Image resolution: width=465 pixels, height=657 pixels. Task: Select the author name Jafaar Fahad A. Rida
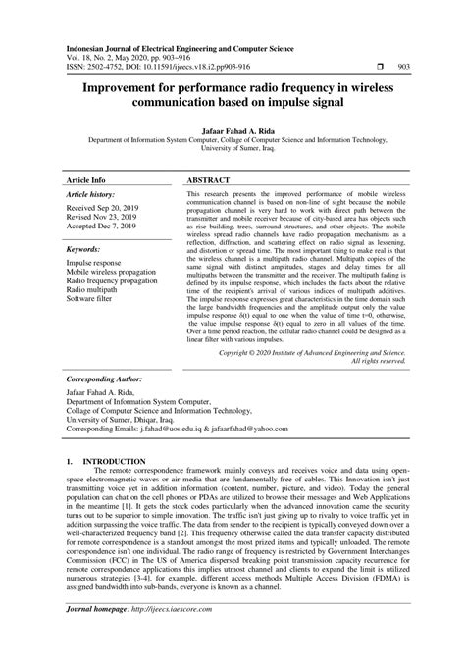(232, 127)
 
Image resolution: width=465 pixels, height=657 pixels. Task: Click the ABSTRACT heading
(210, 181)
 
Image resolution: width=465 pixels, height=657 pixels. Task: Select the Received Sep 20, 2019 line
(102, 210)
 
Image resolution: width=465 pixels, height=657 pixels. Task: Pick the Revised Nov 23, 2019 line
(101, 220)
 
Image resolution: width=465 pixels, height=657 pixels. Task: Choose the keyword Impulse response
(95, 264)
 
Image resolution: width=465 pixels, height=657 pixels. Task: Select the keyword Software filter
(91, 301)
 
